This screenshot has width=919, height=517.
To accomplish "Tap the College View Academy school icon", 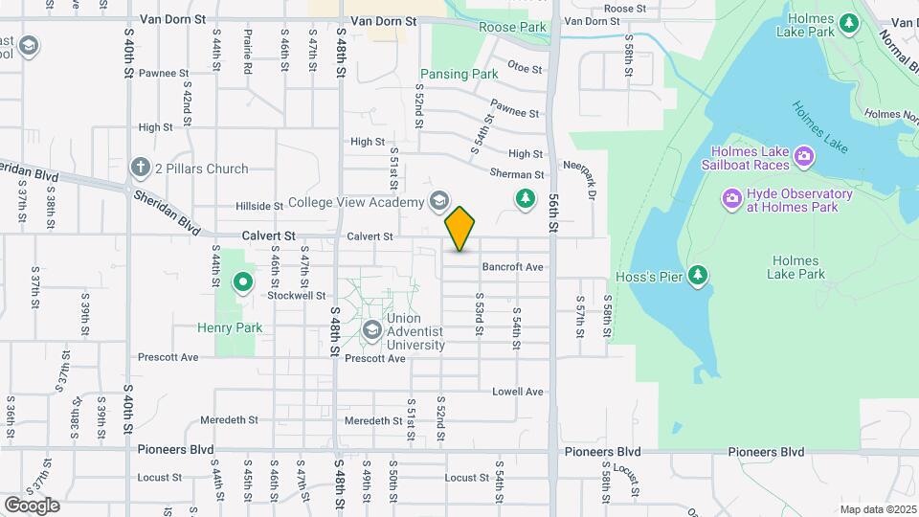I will (x=438, y=201).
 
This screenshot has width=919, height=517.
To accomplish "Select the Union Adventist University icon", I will (x=371, y=331).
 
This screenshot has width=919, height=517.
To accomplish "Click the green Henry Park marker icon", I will (x=243, y=282).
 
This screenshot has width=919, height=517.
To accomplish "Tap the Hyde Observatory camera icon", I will (x=732, y=199).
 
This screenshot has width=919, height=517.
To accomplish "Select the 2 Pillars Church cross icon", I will (x=141, y=169).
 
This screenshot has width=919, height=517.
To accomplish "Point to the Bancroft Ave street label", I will (x=512, y=267).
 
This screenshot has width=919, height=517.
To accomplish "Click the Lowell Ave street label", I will (x=517, y=392).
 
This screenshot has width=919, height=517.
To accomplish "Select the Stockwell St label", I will (x=297, y=296).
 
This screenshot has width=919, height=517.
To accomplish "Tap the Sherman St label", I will (x=517, y=175).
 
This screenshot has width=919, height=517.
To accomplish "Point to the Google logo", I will (x=32, y=505).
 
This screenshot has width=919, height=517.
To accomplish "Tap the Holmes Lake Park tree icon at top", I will (x=848, y=22).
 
